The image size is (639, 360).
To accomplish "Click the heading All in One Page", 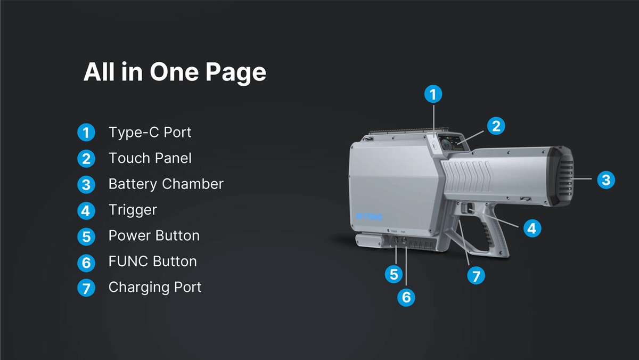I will tap(175, 72).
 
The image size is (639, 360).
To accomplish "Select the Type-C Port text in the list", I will tap(150, 132).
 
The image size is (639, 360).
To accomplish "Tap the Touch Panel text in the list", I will tap(150, 158).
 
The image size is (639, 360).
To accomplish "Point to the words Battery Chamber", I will tap(166, 184).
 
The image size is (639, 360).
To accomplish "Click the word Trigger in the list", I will tap(133, 210).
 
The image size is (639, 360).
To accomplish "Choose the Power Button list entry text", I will tap(154, 235).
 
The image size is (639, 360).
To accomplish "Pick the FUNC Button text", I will tap(152, 261).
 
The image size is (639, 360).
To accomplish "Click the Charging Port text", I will tap(155, 287).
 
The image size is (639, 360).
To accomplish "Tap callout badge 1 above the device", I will tap(433, 94).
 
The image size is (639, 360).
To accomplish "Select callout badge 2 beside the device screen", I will tap(496, 126).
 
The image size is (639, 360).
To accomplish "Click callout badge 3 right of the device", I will tap(605, 179).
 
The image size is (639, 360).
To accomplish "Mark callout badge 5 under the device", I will tap(394, 274).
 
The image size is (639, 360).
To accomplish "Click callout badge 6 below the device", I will tap(406, 297).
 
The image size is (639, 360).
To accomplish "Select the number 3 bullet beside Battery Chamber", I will tap(86, 185).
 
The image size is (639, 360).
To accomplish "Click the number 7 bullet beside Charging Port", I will tap(86, 288).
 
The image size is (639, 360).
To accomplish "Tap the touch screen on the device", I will tap(451, 143).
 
